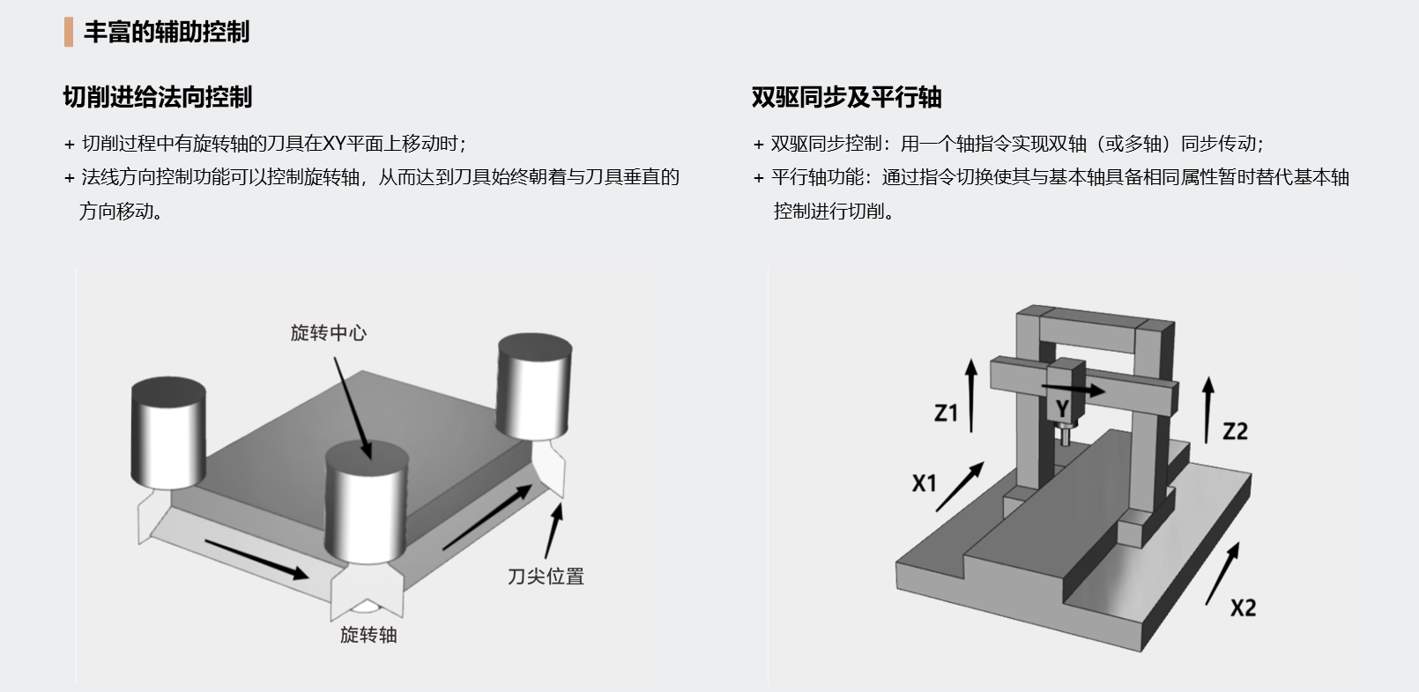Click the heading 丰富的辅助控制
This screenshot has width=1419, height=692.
pos(167,33)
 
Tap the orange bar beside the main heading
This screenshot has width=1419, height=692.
pos(69,33)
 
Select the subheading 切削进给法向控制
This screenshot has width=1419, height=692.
pos(158,97)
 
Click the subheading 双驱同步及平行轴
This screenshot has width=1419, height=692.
pos(846,97)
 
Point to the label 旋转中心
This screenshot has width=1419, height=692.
pos(328,333)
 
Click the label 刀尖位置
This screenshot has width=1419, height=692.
pos(546,577)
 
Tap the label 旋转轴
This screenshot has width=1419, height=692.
pos(368,635)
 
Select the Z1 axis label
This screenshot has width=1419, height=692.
pos(946,413)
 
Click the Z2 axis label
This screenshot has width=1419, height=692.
pos(1235,431)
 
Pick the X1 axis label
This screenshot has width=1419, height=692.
pos(924,483)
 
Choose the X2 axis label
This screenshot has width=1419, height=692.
pos(1243,607)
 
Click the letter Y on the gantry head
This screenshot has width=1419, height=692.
pos(1063,409)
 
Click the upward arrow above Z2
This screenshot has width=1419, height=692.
pos(1207,410)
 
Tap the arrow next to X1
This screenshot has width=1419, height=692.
pos(960,486)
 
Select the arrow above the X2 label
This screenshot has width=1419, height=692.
pos(1222,573)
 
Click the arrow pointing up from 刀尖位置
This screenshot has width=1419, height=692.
pos(553,530)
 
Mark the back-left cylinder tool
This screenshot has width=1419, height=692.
pos(168,432)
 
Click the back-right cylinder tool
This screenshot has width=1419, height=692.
pos(534,385)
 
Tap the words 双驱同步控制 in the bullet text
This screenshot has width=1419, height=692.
pos(826,144)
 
